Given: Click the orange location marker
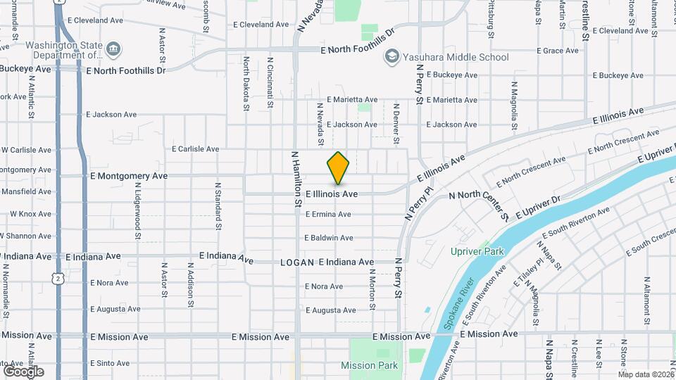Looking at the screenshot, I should click(x=339, y=168).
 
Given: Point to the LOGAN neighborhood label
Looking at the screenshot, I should click(x=296, y=262).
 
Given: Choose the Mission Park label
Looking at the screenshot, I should click(x=369, y=365).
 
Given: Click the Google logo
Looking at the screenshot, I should click(x=23, y=371).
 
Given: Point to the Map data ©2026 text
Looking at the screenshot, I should click(x=646, y=374).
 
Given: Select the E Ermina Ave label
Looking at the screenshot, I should click(x=328, y=214).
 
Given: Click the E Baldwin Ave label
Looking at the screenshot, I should click(x=329, y=238).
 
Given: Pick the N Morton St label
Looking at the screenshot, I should click(x=372, y=290).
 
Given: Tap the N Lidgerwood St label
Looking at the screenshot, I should click(x=138, y=210).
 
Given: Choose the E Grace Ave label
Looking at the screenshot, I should click(x=557, y=51).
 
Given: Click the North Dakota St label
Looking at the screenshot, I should click(x=246, y=84).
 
